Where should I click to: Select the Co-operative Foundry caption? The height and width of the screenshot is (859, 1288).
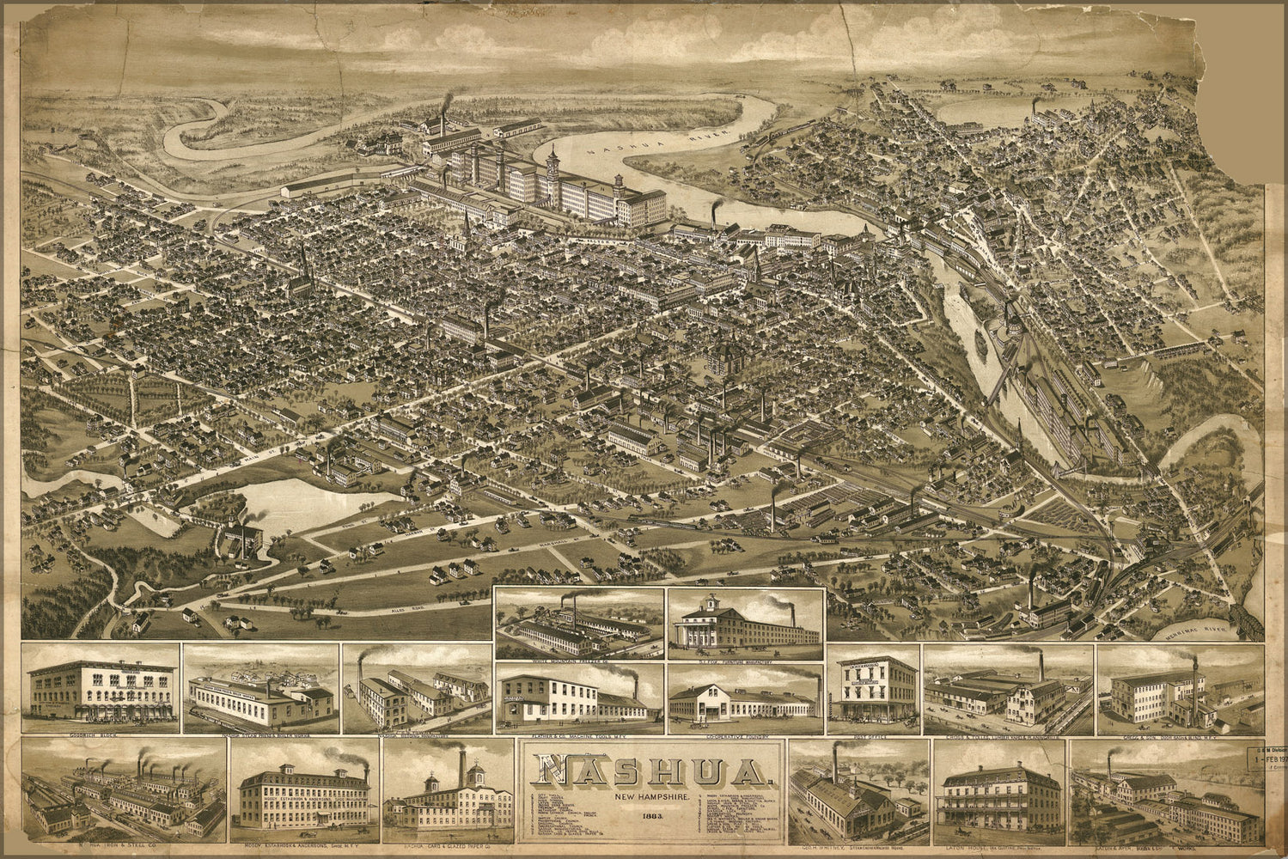(744, 737)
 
